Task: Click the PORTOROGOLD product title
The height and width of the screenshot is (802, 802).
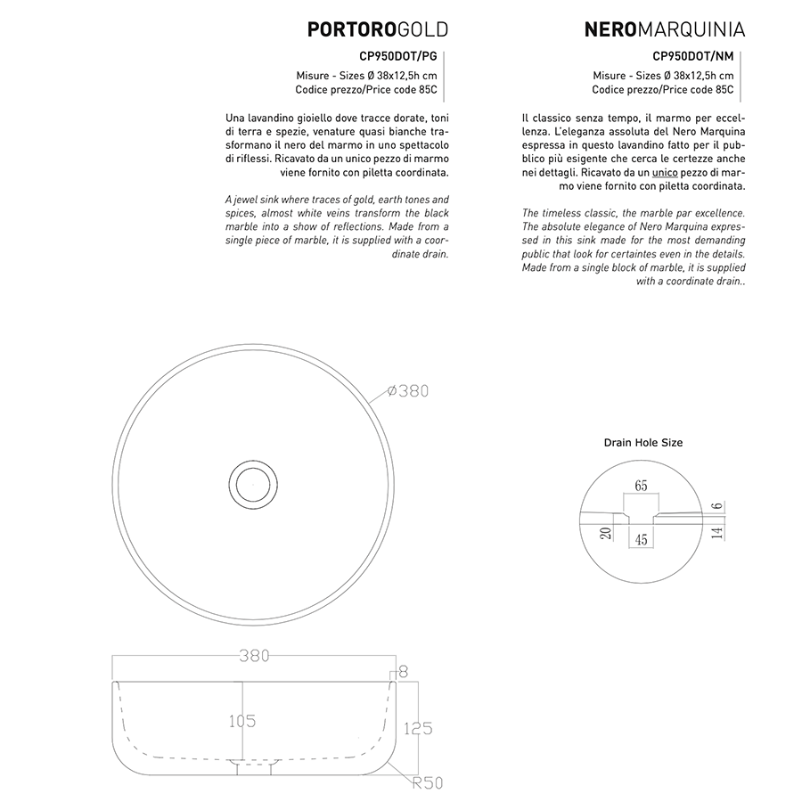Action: pos(377,30)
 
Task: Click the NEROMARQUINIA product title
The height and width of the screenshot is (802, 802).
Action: pos(664,30)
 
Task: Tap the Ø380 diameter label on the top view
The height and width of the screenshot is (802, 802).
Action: pos(409,391)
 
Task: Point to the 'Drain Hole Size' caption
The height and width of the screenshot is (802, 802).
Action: pos(643,442)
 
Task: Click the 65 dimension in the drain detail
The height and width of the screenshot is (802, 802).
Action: pos(642,486)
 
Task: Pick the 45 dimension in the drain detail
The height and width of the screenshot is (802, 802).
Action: pos(642,539)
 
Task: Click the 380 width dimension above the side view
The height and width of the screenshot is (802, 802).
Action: pos(254,656)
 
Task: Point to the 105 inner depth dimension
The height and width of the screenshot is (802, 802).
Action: pos(241,721)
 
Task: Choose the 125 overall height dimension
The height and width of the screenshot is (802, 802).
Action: pos(417,728)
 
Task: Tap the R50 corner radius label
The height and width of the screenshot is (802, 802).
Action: pos(427,783)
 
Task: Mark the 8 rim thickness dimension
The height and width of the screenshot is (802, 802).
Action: pos(403,671)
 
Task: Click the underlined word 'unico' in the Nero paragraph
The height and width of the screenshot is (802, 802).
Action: pos(665,171)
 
